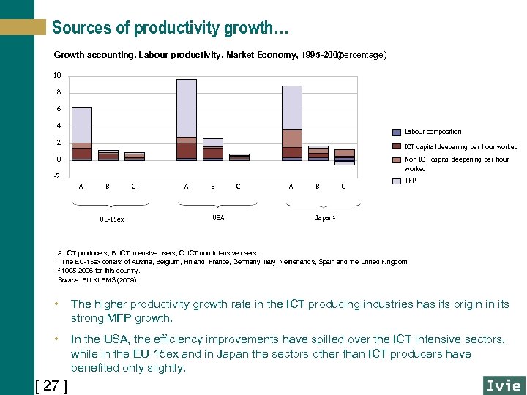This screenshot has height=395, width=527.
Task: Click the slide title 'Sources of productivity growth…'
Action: (x=170, y=29)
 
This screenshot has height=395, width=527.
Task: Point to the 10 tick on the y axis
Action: (x=57, y=75)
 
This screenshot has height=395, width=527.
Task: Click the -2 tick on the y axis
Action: (x=57, y=176)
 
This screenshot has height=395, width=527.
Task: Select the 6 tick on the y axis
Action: (x=59, y=109)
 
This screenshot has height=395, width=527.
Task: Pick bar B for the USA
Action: (x=213, y=148)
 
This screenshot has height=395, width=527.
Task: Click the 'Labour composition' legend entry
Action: (x=433, y=132)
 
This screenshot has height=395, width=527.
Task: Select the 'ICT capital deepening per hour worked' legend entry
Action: (x=460, y=147)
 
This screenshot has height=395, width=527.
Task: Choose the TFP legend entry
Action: (x=410, y=180)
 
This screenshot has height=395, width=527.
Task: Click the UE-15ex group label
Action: (x=111, y=219)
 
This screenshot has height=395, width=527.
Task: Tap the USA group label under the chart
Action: (x=218, y=218)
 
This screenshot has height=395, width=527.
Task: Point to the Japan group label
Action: (x=324, y=218)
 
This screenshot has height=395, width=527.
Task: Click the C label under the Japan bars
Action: (x=343, y=187)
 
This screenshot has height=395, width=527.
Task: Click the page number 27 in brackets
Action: (x=51, y=385)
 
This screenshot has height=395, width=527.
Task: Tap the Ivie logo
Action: (x=504, y=385)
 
